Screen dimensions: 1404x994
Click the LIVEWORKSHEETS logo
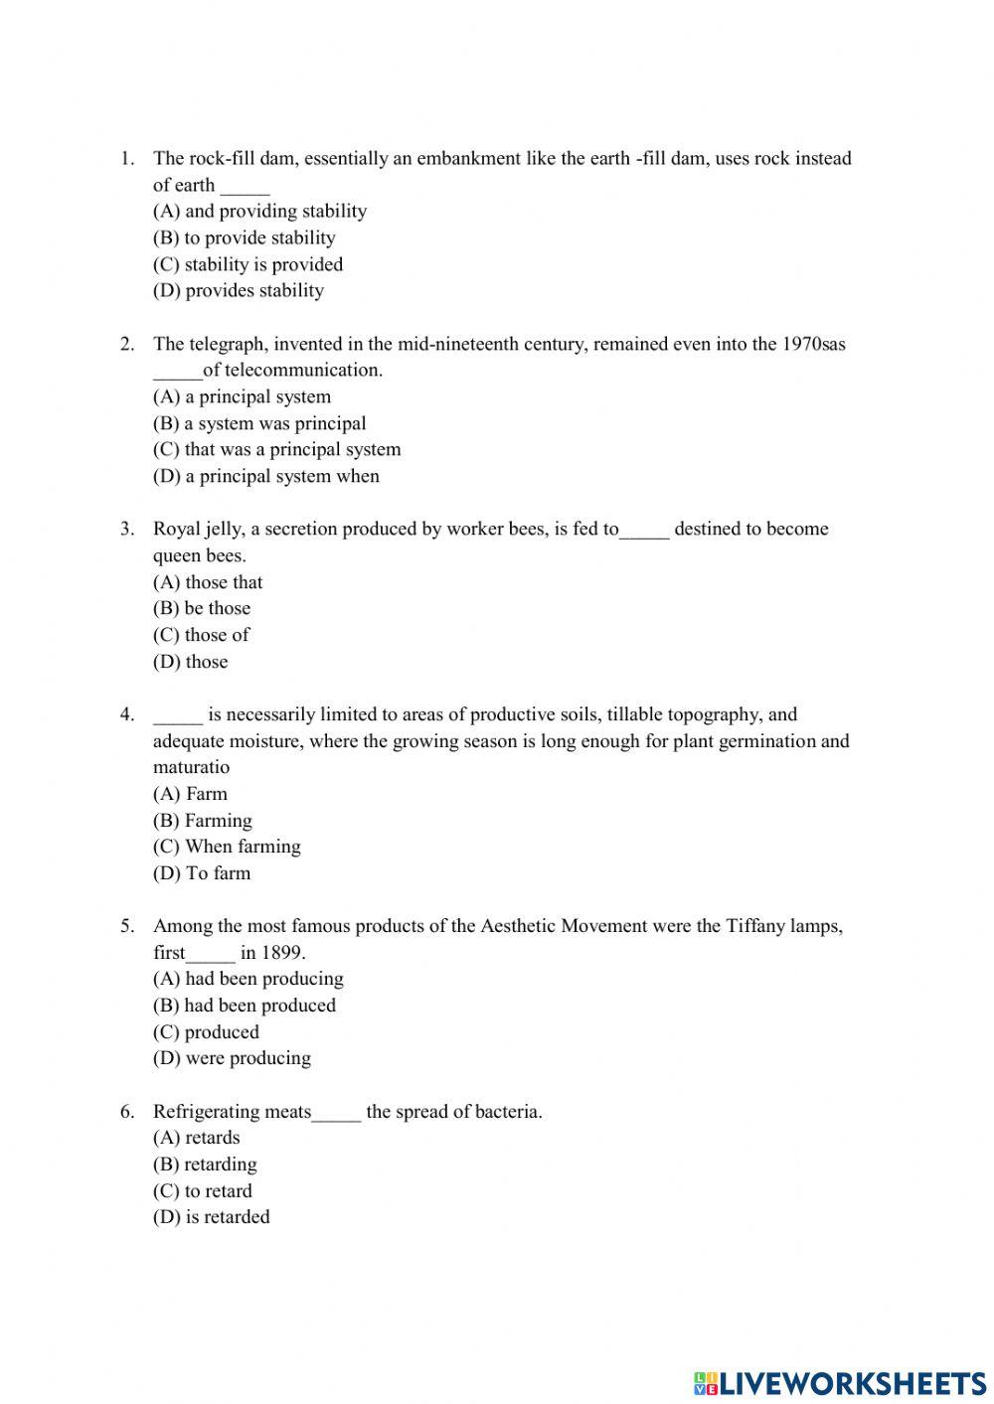tap(840, 1382)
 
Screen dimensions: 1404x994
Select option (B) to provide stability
tap(244, 237)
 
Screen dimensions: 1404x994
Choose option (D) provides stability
tap(238, 290)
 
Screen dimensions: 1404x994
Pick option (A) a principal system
tap(242, 396)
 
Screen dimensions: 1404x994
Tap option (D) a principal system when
tap(265, 476)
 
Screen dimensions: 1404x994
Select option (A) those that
tap(208, 582)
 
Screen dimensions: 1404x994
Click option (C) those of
tap(201, 635)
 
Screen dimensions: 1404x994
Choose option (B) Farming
tap(202, 821)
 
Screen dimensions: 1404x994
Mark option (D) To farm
tap(201, 873)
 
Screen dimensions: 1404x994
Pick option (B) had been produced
tap(244, 1006)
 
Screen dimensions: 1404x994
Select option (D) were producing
tap(232, 1058)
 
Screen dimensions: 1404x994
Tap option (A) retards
tap(196, 1138)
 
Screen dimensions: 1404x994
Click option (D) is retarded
tap(211, 1217)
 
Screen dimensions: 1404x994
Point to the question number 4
tap(127, 714)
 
